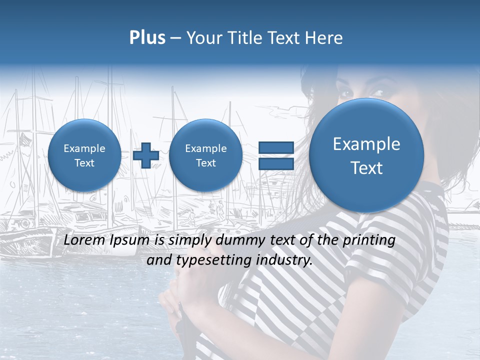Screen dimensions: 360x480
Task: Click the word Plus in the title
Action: pos(147,38)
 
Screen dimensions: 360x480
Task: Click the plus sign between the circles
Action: pos(146,155)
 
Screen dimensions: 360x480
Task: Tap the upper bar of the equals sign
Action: pos(276,147)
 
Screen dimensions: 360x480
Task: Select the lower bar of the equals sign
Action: pos(276,163)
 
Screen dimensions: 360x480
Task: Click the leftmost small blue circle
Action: pos(84,155)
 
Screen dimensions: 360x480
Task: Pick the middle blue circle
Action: pos(205,155)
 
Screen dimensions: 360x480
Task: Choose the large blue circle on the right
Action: pos(366,155)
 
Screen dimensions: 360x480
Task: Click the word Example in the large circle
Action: pos(366,144)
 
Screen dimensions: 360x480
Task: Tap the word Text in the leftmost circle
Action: pos(84,163)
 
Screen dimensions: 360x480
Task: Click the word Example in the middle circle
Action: pos(205,148)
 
